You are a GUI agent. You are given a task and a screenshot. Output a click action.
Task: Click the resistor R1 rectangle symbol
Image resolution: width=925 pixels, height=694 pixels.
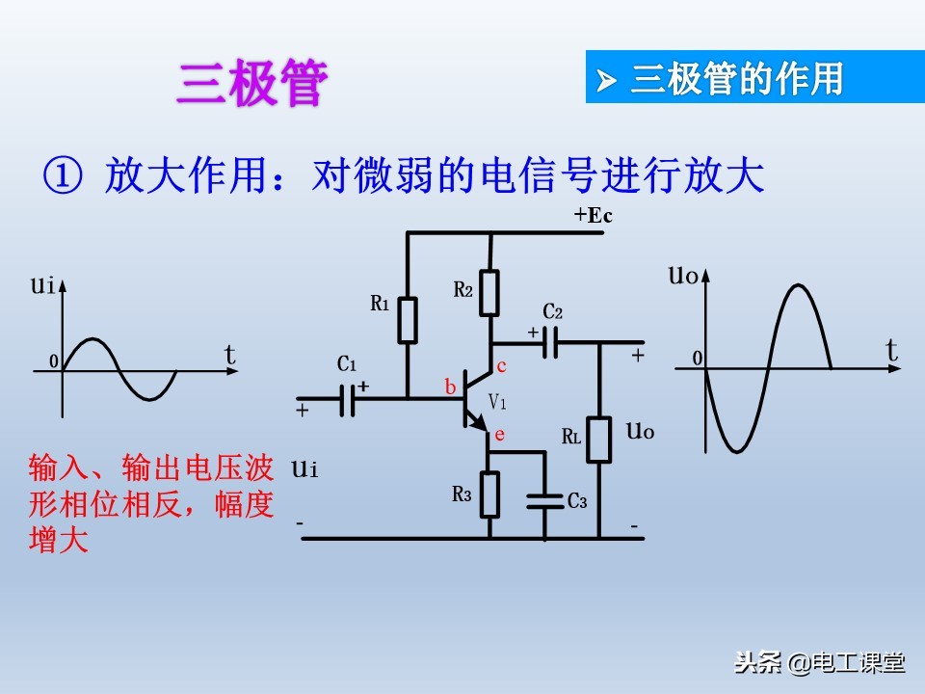pyautogui.click(x=408, y=320)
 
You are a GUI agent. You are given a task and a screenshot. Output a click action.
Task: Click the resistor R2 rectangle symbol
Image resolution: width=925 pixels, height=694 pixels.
pyautogui.click(x=490, y=293)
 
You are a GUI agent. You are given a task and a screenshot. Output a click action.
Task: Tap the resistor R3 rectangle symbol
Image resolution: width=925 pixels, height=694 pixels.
pyautogui.click(x=490, y=494)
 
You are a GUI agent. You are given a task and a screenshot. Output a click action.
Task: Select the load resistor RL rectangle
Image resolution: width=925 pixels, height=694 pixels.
pyautogui.click(x=599, y=440)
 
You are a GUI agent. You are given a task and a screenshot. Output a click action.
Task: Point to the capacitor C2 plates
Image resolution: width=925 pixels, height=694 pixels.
pyautogui.click(x=550, y=342)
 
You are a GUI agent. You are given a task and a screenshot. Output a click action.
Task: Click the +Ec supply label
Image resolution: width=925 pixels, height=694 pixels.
pyautogui.click(x=593, y=216)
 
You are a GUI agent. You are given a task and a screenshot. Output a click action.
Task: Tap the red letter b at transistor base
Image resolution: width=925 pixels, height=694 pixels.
pyautogui.click(x=450, y=387)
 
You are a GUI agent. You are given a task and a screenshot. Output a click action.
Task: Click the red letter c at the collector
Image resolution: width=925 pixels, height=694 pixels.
pyautogui.click(x=501, y=366)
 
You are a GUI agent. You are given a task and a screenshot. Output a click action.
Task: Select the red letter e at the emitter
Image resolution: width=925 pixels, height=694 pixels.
pyautogui.click(x=499, y=435)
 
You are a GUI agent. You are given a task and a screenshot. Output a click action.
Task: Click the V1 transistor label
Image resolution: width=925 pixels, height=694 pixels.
pyautogui.click(x=497, y=401)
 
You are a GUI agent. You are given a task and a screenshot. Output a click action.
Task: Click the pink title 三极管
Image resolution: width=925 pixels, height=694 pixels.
pyautogui.click(x=252, y=85)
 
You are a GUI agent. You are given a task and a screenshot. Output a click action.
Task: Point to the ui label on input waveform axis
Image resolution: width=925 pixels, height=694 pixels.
pyautogui.click(x=40, y=284)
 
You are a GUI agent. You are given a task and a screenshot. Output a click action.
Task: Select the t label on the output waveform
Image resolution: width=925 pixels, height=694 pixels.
pyautogui.click(x=892, y=350)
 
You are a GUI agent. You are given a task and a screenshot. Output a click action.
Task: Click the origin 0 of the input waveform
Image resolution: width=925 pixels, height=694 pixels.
pyautogui.click(x=54, y=361)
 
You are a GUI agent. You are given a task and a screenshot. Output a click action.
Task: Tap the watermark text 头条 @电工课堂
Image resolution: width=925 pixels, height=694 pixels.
pyautogui.click(x=819, y=663)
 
